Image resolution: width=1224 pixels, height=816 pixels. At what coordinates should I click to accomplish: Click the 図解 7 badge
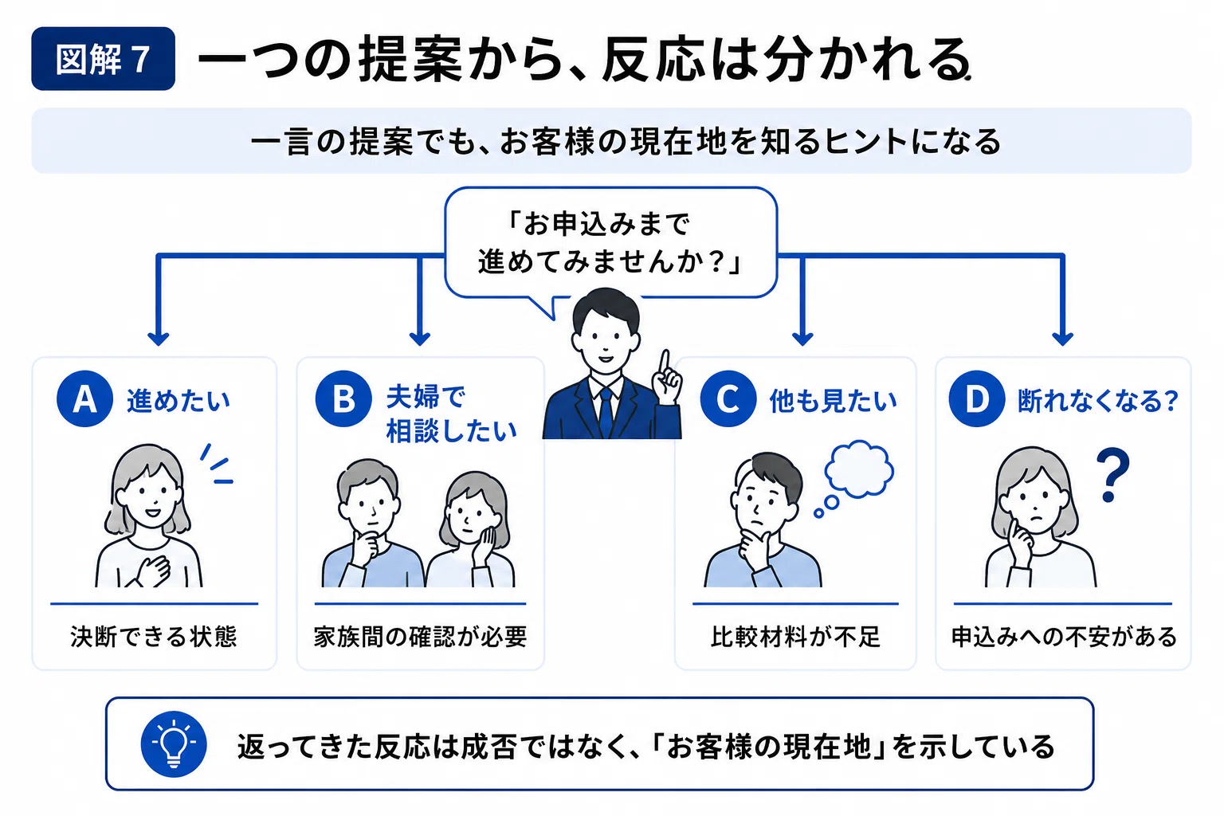click(x=104, y=58)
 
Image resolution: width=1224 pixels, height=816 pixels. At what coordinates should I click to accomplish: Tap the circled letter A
click(x=84, y=399)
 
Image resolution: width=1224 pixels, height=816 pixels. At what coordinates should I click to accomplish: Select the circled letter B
click(x=343, y=399)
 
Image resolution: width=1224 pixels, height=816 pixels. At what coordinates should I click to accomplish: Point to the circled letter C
click(x=728, y=399)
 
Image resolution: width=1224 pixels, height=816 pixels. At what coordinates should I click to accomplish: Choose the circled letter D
click(x=977, y=399)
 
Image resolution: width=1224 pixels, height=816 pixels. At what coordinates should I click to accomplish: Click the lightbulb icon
click(x=174, y=743)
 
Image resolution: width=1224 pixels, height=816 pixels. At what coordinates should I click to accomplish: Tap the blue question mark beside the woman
click(x=1112, y=474)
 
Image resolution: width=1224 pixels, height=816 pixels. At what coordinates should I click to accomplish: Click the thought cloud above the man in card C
click(x=859, y=469)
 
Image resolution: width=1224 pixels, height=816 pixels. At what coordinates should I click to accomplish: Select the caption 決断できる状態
click(x=154, y=637)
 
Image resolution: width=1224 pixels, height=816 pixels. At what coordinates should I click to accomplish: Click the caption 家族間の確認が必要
click(x=420, y=637)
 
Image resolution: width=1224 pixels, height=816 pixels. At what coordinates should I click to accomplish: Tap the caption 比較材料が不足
click(x=795, y=637)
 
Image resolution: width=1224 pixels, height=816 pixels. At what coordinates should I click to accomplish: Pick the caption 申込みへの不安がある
click(x=1064, y=637)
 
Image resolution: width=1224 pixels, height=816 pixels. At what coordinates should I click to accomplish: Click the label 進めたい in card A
click(x=178, y=401)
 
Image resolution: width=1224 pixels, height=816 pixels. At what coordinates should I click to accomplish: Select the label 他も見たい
click(x=834, y=401)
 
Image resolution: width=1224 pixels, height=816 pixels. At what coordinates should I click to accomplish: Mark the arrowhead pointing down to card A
click(x=159, y=339)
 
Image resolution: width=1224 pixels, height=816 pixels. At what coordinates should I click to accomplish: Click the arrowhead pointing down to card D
click(x=1062, y=339)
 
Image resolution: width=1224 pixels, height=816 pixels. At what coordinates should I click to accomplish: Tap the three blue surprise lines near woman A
click(x=217, y=464)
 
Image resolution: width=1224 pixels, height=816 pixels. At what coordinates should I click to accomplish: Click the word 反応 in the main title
click(x=653, y=60)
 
